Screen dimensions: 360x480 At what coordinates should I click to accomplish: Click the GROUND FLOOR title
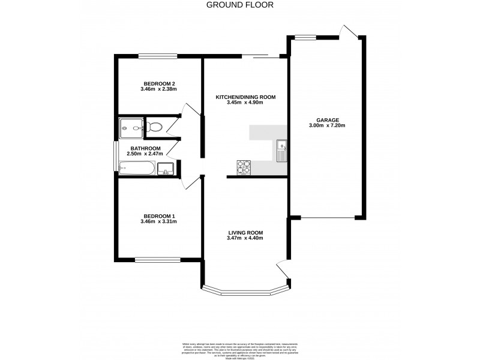(240, 5)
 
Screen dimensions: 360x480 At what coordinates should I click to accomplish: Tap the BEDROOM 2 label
(158, 83)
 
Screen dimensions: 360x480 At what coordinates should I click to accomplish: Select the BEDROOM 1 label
(158, 216)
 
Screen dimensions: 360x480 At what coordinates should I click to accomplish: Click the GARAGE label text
(328, 119)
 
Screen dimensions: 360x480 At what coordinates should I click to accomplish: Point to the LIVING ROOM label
(245, 232)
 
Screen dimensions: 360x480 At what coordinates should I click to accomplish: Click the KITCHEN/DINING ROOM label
(245, 96)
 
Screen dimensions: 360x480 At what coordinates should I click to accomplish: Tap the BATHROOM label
(146, 148)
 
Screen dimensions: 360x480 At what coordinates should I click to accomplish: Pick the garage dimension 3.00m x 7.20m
(328, 125)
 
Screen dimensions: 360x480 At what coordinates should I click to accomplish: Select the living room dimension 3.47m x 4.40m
(245, 238)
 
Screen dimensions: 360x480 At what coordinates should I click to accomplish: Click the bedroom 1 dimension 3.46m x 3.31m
(158, 222)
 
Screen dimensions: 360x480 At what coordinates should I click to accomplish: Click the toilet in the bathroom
(154, 127)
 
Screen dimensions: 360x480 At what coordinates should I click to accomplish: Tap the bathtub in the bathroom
(137, 169)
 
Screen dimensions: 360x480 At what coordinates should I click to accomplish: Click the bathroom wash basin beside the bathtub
(165, 169)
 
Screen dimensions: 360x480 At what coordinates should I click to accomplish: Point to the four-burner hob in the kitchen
(244, 166)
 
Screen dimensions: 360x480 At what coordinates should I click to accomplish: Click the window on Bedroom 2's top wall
(158, 56)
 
